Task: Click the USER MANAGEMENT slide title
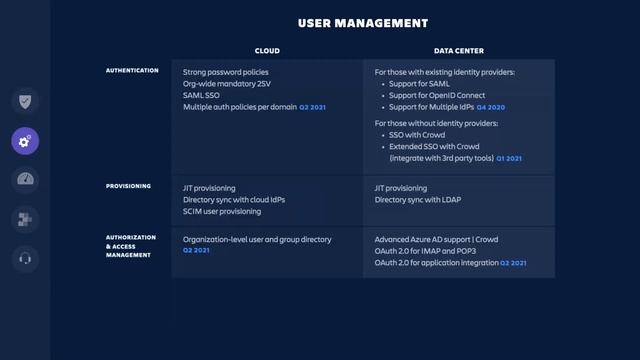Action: click(363, 22)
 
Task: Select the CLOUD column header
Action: click(267, 50)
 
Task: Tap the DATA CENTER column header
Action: click(459, 50)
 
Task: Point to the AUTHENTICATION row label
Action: click(132, 71)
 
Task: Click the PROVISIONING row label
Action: click(129, 186)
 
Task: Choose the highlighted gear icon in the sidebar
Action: click(26, 140)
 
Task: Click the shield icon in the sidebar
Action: click(26, 101)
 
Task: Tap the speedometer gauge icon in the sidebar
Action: click(26, 180)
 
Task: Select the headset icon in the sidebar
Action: click(26, 259)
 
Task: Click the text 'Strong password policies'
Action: click(225, 72)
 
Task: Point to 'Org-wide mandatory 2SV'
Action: click(226, 83)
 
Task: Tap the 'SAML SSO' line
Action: click(201, 95)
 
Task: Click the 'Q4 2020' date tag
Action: click(491, 107)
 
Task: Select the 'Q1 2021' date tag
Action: click(509, 158)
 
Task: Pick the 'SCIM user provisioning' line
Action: click(221, 211)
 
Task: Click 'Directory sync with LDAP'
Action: click(418, 199)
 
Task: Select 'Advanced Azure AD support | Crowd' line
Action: click(436, 239)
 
